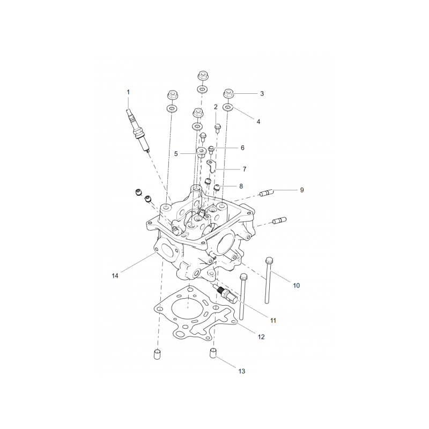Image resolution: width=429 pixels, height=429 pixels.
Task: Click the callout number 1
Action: click(x=128, y=92)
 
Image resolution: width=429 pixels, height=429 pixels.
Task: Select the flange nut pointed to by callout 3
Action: click(x=228, y=93)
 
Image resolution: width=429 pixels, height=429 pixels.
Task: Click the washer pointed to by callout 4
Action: click(x=228, y=107)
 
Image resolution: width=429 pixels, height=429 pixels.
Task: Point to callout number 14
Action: click(x=115, y=276)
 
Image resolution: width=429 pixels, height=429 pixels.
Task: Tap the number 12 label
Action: click(x=261, y=337)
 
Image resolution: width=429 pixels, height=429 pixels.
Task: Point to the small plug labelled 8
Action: click(x=217, y=187)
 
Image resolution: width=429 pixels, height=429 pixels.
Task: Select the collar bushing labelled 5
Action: click(x=202, y=152)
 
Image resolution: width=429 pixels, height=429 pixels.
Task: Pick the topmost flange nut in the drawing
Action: click(x=202, y=75)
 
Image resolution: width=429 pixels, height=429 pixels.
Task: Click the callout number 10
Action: click(x=297, y=286)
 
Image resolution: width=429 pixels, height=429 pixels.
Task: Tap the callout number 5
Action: click(x=176, y=154)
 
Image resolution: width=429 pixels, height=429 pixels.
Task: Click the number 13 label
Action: click(x=242, y=371)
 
